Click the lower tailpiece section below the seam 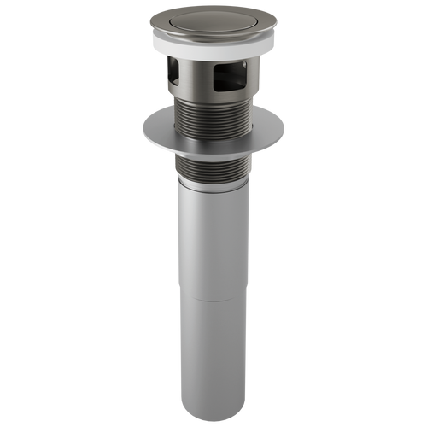pos(213,350)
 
